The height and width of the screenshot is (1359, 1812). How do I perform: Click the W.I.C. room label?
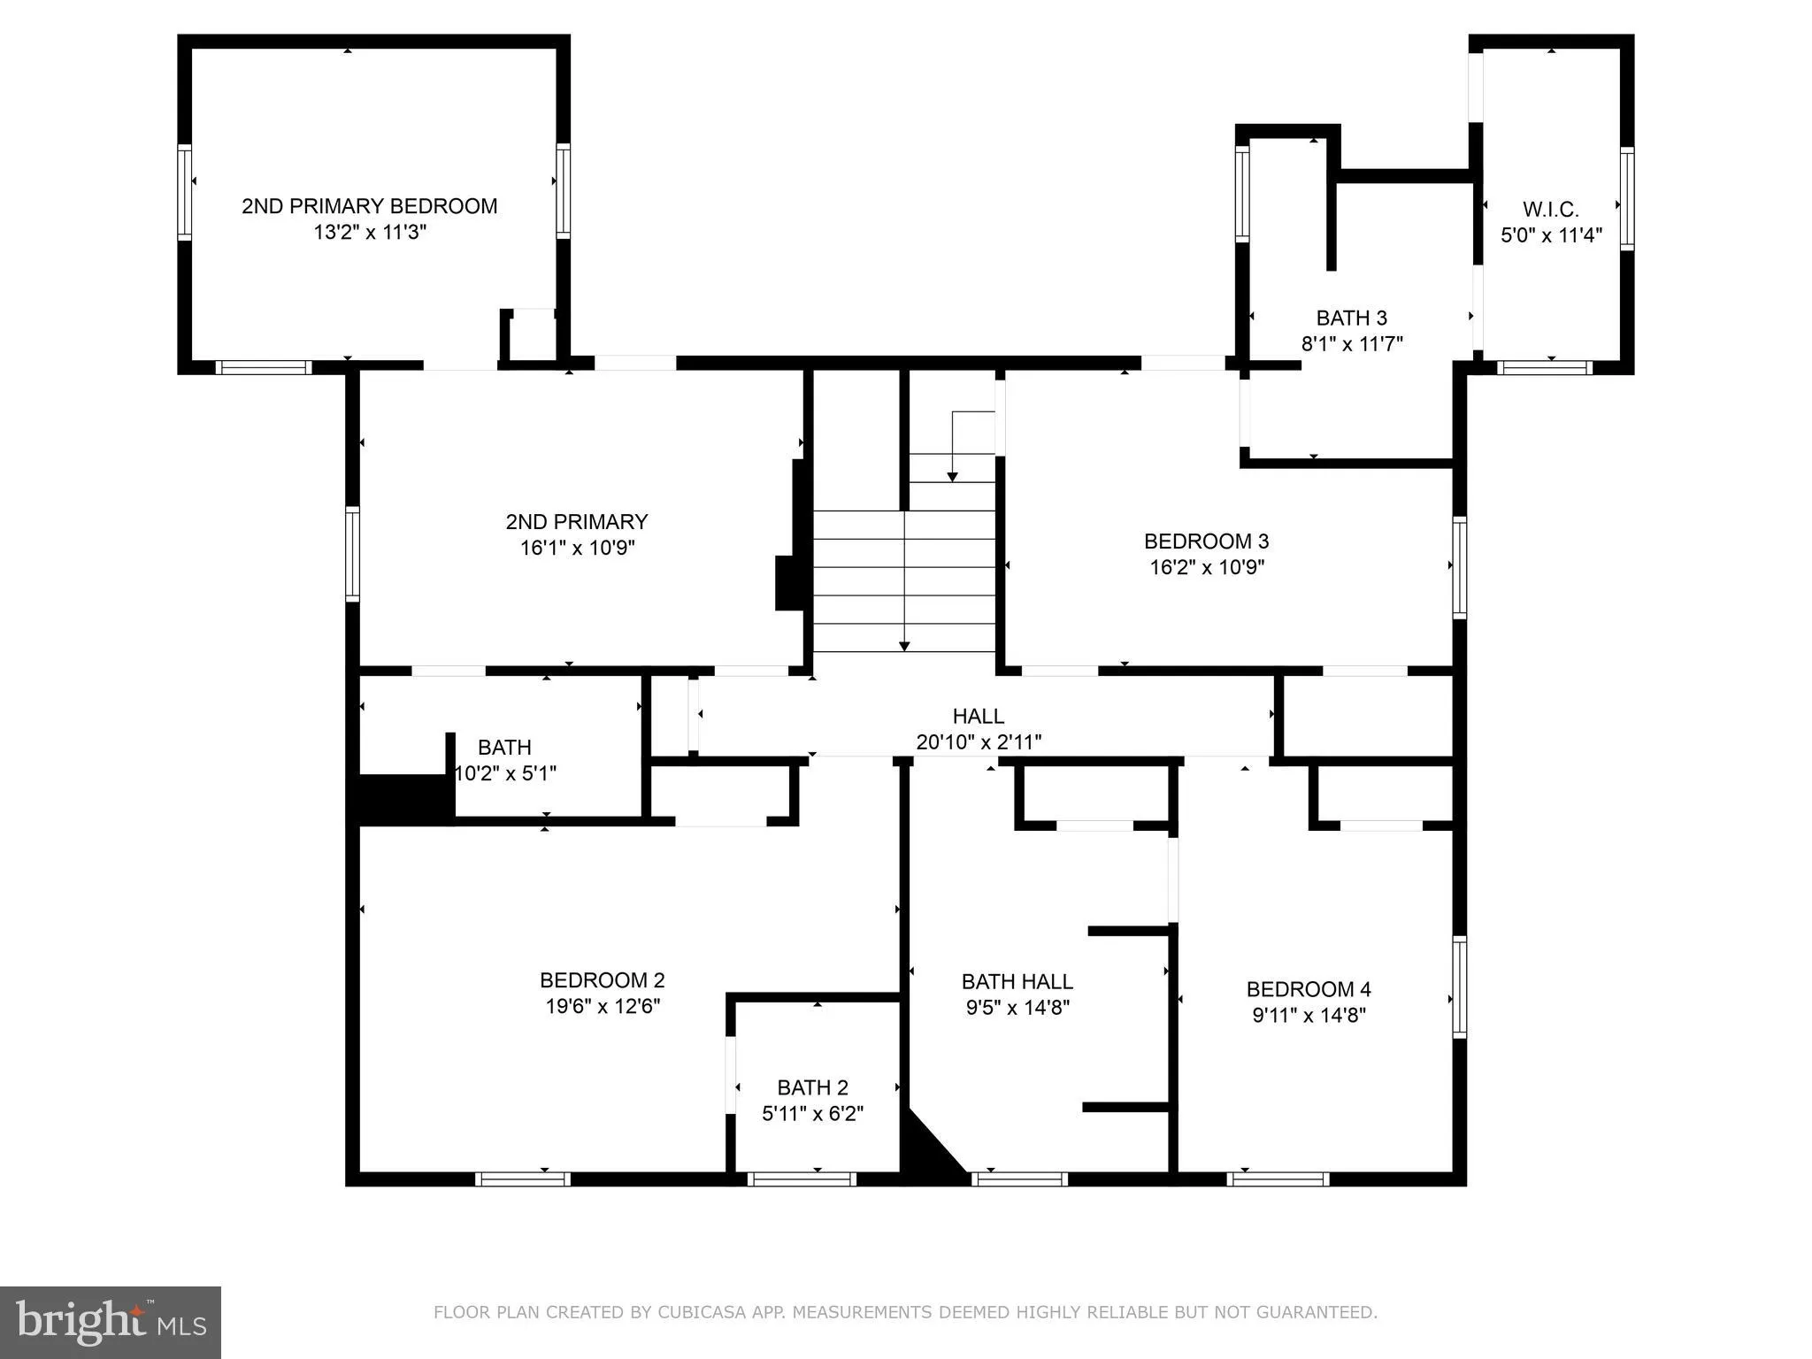click(1550, 210)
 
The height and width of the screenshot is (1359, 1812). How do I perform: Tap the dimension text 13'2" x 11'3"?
click(370, 233)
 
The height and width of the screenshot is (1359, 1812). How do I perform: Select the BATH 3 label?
click(1351, 318)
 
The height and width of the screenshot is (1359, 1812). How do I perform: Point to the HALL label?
click(978, 716)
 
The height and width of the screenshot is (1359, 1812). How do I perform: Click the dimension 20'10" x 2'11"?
click(978, 742)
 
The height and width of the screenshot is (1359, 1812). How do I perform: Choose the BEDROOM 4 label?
click(1308, 988)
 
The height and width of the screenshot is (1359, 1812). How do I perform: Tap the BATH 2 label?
click(812, 1087)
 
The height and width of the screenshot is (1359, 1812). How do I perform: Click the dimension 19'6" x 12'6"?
click(603, 1006)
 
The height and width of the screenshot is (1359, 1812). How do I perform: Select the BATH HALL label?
click(1017, 981)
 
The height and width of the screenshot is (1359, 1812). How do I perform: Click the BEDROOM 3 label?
click(1206, 541)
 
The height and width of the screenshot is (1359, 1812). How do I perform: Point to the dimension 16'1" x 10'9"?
click(577, 548)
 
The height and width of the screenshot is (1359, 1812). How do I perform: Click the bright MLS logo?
click(111, 1322)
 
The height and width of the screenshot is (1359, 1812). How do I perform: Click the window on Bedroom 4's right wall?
click(1459, 987)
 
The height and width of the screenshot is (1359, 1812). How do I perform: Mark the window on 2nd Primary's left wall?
click(352, 554)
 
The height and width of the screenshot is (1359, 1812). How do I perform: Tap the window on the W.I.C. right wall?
click(1626, 199)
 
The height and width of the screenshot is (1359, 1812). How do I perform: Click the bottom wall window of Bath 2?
click(802, 1179)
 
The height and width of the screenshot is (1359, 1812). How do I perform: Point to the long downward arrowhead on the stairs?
click(903, 646)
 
